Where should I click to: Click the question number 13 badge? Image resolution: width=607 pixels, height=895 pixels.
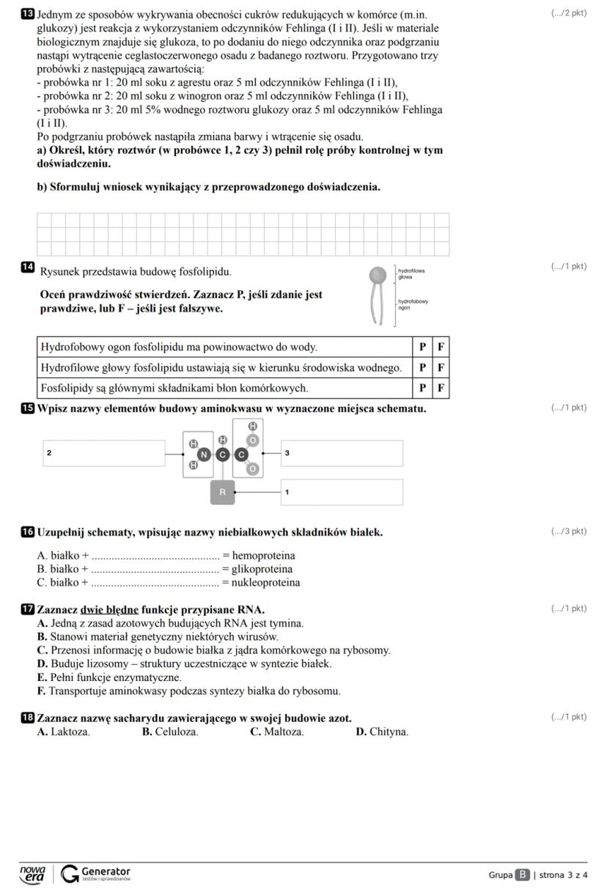click(x=29, y=14)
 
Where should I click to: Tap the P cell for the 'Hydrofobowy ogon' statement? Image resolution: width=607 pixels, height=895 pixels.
click(x=422, y=347)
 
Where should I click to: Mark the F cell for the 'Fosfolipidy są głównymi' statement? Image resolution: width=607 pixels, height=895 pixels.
click(x=441, y=388)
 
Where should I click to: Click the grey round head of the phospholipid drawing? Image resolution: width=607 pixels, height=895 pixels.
click(x=378, y=276)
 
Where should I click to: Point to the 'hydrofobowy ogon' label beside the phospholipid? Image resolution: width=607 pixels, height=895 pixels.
click(x=413, y=304)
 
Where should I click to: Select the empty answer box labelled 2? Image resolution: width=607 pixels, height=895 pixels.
click(x=103, y=453)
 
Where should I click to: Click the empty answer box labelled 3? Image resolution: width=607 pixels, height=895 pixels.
click(x=342, y=453)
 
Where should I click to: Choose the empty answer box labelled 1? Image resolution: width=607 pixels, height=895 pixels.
click(x=342, y=492)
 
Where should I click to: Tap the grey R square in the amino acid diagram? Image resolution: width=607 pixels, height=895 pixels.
click(x=223, y=493)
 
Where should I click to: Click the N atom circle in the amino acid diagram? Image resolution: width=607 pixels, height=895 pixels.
click(x=204, y=454)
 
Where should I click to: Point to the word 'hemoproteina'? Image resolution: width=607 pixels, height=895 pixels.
click(x=263, y=556)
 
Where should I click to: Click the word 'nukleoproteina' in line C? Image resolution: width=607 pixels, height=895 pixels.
click(x=265, y=583)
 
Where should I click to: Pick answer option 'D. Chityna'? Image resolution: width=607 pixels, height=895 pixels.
click(x=382, y=732)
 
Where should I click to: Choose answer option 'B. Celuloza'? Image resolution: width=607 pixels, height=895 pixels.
click(x=170, y=732)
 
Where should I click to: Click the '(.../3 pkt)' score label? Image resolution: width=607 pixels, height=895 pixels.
click(x=568, y=531)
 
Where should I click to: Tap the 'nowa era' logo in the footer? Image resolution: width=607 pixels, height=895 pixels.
click(x=32, y=874)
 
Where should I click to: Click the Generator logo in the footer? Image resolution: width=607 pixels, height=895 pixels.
click(x=96, y=874)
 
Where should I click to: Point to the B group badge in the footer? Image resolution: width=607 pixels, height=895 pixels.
click(x=522, y=874)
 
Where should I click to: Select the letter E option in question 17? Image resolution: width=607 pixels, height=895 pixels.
click(x=42, y=677)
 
